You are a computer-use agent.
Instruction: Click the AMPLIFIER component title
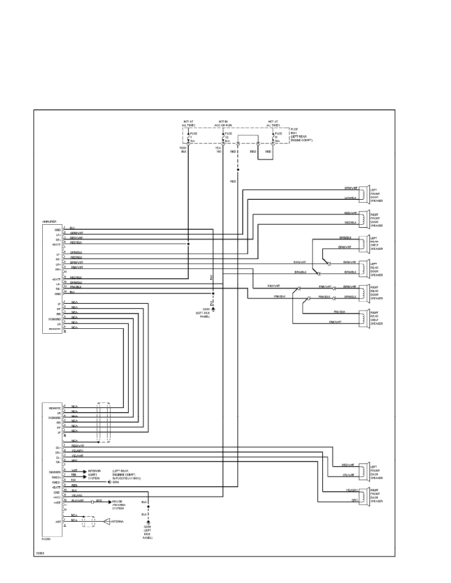(x=49, y=222)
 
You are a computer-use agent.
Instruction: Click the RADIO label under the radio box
(x=47, y=539)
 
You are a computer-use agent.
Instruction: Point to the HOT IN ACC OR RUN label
(x=224, y=124)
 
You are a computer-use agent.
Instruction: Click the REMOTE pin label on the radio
(x=55, y=408)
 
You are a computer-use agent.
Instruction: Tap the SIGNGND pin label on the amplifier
(x=54, y=319)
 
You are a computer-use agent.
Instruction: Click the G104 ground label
(x=116, y=482)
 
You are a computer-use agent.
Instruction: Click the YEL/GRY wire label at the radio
(x=77, y=450)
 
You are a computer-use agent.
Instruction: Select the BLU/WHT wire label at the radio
(x=78, y=501)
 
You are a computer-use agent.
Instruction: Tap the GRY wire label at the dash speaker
(x=354, y=501)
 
